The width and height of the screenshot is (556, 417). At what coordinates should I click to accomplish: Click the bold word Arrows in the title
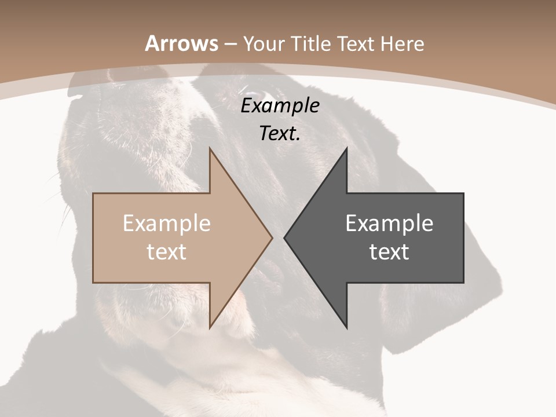coord(181,43)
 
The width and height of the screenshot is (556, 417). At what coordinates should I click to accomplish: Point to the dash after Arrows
coord(231,45)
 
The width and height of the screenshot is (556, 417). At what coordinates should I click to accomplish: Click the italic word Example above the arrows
coord(280,107)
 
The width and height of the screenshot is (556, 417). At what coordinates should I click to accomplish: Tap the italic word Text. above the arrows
coord(280,134)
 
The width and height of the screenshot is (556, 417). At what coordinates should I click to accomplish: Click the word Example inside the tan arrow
coord(167,224)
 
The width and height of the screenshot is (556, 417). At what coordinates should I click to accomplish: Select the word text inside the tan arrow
coord(167,252)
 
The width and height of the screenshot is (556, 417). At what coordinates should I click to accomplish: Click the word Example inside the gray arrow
coord(389,224)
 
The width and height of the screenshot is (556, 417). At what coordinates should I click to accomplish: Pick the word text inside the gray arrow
coord(389,252)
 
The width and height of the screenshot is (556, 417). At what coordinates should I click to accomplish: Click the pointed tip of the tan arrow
coord(272,237)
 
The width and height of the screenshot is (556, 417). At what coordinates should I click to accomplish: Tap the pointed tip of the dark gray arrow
coord(284,237)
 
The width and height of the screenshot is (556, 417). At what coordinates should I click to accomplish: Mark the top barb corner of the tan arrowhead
coord(209,148)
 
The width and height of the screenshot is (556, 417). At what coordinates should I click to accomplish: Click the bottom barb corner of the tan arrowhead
coord(209,328)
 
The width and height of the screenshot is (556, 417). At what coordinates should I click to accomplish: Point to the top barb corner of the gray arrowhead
coord(347,148)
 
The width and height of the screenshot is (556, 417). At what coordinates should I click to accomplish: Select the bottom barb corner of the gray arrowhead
coord(347,328)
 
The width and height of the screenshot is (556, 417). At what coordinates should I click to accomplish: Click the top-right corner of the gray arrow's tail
coord(463,193)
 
